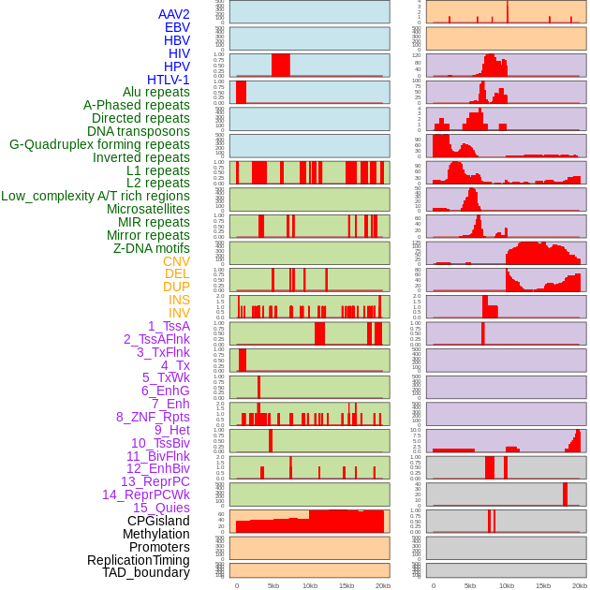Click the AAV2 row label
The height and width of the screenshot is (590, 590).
tap(173, 14)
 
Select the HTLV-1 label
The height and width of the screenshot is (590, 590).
tap(168, 80)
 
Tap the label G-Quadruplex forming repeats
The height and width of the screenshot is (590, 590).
tap(99, 144)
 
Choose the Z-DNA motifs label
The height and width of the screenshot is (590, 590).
tap(151, 248)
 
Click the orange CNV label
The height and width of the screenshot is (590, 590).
tap(176, 261)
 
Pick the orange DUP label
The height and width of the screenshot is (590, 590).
tap(176, 287)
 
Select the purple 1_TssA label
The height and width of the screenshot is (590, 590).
tap(169, 326)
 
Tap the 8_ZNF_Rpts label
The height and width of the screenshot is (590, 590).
tap(153, 417)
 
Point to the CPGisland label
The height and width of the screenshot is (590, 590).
tap(158, 521)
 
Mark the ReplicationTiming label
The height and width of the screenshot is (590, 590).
tap(138, 560)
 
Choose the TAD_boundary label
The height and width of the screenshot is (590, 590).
tap(145, 572)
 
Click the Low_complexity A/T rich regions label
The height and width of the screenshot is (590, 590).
tap(95, 196)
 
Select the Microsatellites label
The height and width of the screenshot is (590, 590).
tap(148, 209)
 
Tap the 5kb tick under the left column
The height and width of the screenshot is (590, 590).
tap(273, 585)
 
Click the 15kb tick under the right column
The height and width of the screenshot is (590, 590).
tap(542, 585)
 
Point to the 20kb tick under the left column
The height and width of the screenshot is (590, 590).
tap(382, 585)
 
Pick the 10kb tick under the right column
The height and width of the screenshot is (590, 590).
tap(506, 585)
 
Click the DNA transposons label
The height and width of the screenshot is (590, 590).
tap(139, 131)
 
